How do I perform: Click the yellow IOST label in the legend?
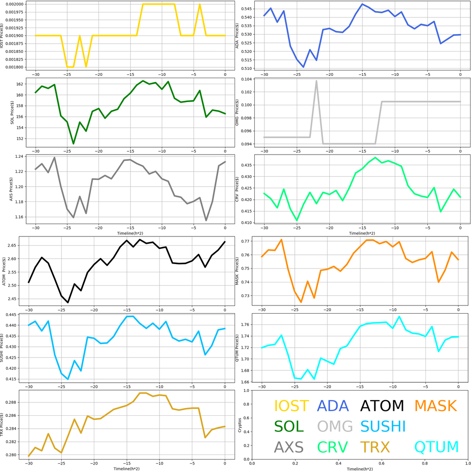(x=291, y=406)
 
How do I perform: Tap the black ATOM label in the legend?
(x=382, y=406)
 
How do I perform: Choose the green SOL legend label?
(x=289, y=426)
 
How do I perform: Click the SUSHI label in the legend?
(x=383, y=426)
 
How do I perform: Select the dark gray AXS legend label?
(x=289, y=447)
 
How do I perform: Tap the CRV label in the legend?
(x=332, y=447)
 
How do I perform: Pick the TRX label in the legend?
(x=375, y=447)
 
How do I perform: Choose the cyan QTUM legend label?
(x=436, y=447)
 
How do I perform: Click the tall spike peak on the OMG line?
(x=316, y=81)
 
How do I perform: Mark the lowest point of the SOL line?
(x=74, y=144)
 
